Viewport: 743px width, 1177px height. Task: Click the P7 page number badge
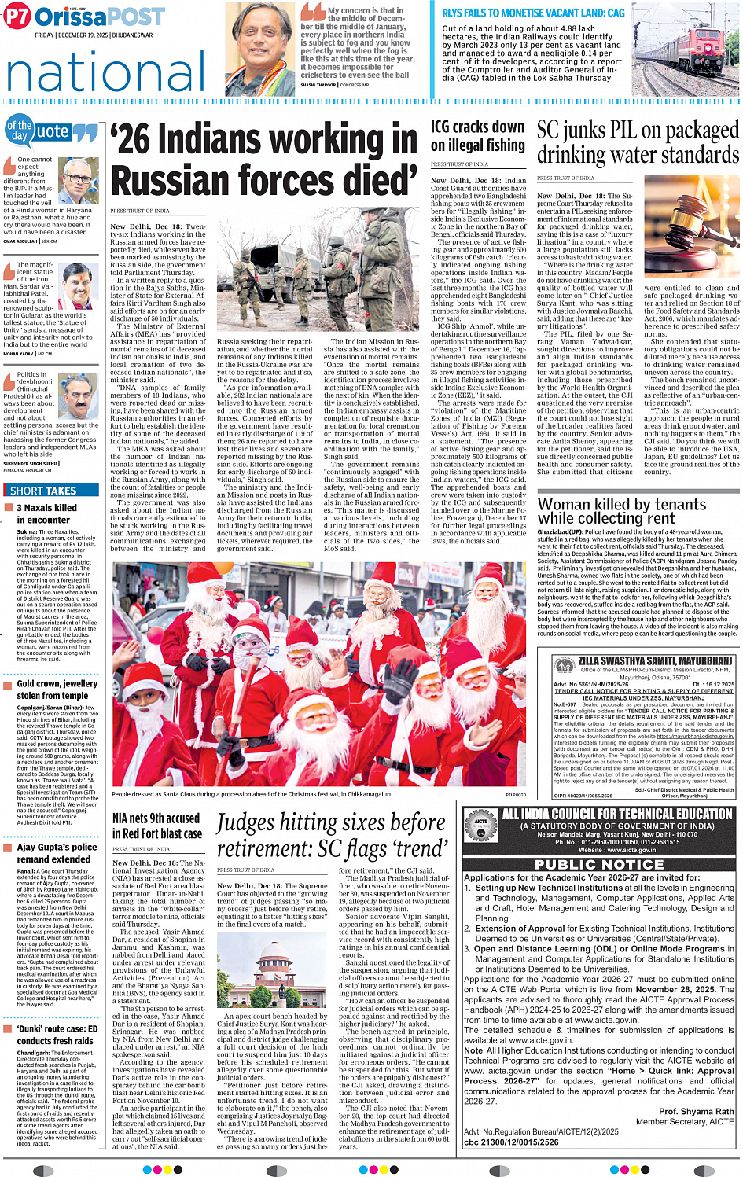click(x=17, y=17)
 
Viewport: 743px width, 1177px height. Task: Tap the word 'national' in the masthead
click(x=106, y=72)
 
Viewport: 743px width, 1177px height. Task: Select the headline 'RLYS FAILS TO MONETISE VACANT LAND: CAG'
click(x=533, y=13)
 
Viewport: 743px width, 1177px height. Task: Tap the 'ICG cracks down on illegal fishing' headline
click(x=477, y=135)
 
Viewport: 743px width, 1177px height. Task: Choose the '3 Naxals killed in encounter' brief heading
click(x=46, y=513)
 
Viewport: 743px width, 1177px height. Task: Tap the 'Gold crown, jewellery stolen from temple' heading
click(x=57, y=690)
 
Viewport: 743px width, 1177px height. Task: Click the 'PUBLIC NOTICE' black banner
click(x=599, y=864)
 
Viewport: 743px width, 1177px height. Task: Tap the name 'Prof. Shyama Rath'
click(x=696, y=1112)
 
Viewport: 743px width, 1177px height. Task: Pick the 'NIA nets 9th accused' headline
click(x=156, y=818)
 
